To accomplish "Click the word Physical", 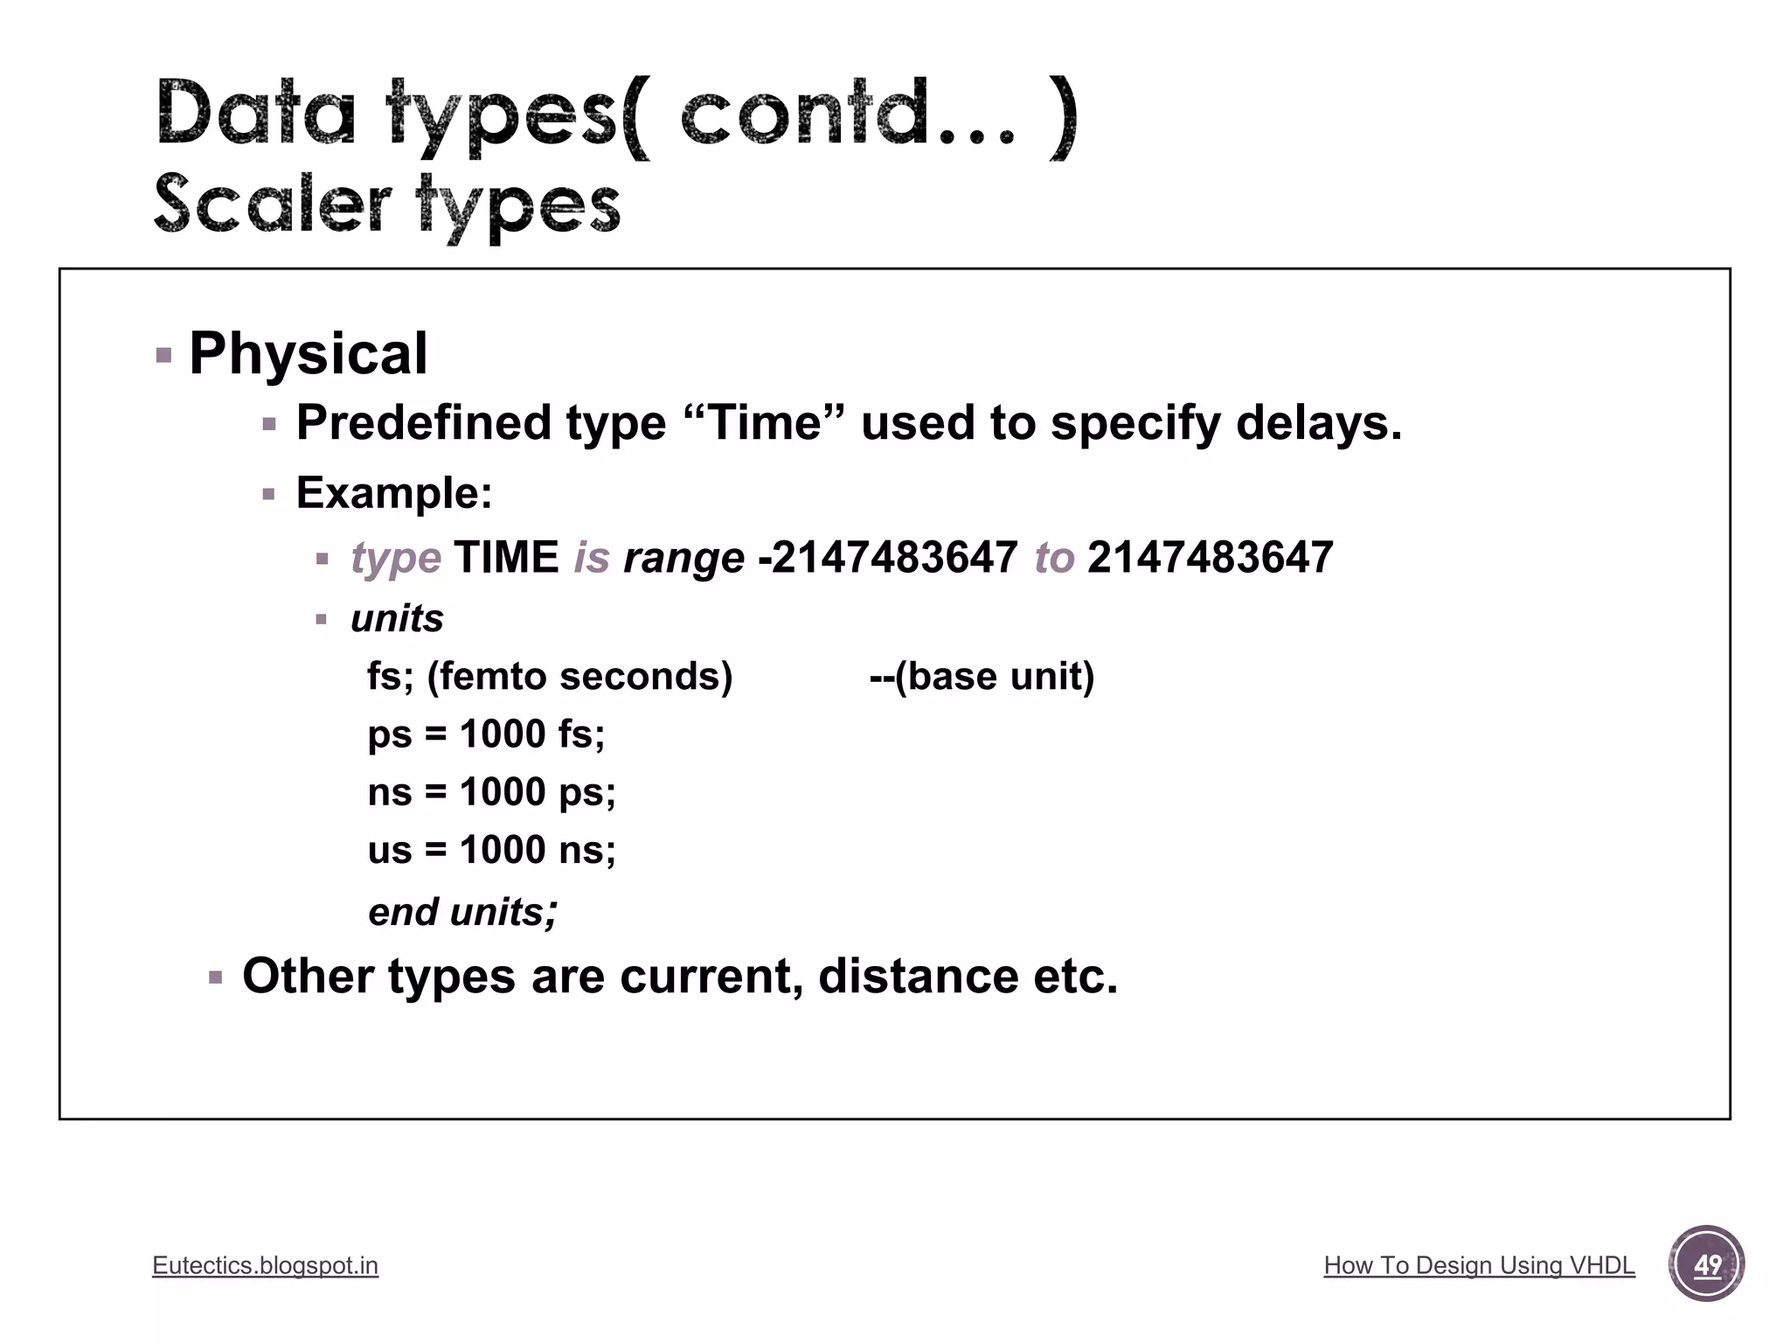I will tap(308, 354).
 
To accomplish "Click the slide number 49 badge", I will tap(1706, 1264).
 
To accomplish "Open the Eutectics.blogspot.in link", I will tap(265, 1265).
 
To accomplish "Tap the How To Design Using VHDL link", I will tap(1479, 1265).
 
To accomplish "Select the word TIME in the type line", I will tap(506, 558).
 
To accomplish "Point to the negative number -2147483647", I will tap(887, 558).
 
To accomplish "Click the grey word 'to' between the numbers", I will tap(1053, 558).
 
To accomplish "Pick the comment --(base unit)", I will tap(982, 676).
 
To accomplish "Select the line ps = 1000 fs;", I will tap(486, 734).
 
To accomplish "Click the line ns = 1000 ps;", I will tap(491, 792).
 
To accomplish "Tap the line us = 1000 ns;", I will tap(491, 850).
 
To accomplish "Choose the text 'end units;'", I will tap(462, 912).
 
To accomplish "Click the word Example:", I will tap(394, 492).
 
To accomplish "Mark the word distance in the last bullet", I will tap(918, 976).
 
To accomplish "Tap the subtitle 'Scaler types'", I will tap(387, 206).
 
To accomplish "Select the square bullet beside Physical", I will tap(163, 355).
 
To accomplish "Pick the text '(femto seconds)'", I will tap(579, 676).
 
